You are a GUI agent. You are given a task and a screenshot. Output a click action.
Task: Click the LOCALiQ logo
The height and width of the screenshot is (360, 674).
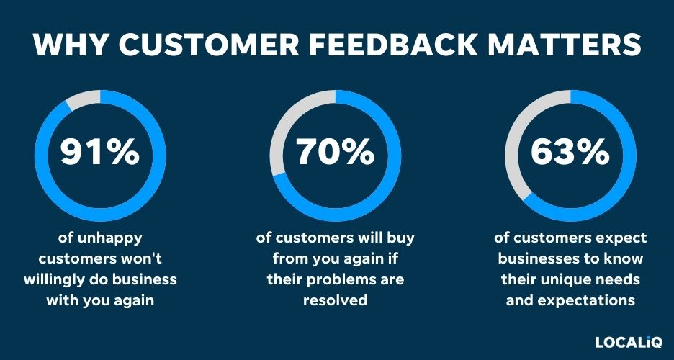coord(629,342)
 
